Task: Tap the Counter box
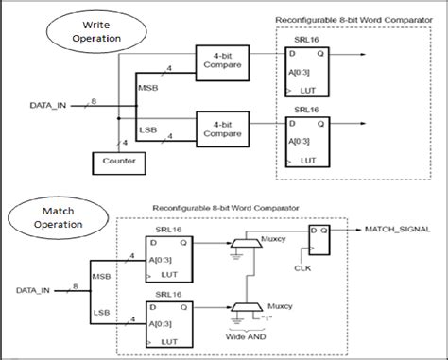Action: (112, 163)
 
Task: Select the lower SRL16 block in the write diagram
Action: (309, 142)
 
